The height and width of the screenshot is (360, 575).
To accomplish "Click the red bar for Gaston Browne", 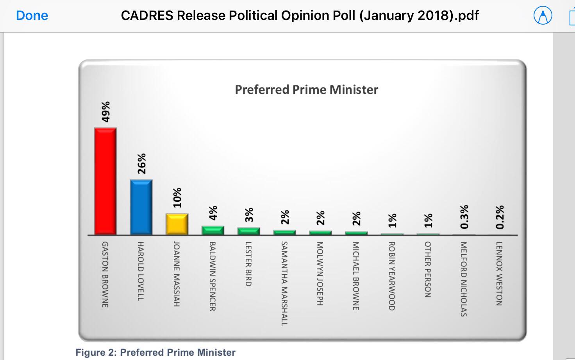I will (x=105, y=181).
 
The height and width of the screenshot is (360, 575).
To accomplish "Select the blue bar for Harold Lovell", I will (x=141, y=207).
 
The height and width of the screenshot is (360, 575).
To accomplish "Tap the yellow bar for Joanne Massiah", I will (x=177, y=224).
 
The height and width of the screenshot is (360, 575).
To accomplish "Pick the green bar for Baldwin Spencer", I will (x=213, y=230).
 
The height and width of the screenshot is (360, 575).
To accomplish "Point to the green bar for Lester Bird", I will (x=249, y=231).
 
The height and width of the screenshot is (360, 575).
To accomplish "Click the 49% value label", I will (x=105, y=112).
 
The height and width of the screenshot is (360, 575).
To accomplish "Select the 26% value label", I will (x=141, y=163).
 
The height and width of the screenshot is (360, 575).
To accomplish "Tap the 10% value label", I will (x=177, y=197).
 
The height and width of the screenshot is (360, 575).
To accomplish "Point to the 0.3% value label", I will (x=464, y=217).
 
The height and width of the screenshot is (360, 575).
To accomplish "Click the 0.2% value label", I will (x=500, y=217).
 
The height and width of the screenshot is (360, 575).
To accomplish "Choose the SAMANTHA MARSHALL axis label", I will (x=284, y=283).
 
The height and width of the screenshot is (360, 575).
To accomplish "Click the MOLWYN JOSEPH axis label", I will (x=320, y=274).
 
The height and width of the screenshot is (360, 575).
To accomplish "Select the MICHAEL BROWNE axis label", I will (x=356, y=276).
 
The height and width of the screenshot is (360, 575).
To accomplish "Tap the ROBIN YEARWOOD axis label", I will (x=392, y=276).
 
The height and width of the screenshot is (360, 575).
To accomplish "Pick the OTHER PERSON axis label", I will (x=428, y=269).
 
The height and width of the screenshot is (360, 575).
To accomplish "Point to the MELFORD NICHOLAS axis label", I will (x=464, y=279).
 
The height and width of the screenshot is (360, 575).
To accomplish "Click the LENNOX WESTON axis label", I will (x=499, y=273).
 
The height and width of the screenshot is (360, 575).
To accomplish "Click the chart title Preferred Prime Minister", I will (x=307, y=90).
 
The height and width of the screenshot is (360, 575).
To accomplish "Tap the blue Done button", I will (x=32, y=16).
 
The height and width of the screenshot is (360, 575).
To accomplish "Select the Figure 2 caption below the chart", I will (x=155, y=352).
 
